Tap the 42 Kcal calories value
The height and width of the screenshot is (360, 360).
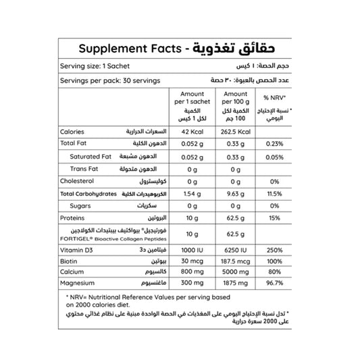184,132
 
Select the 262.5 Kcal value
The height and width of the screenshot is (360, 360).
236,132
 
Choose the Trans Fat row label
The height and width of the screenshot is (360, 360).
85,169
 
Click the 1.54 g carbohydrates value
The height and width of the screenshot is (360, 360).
184,194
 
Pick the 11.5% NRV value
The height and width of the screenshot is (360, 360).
274,194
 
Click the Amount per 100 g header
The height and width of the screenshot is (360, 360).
236,98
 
